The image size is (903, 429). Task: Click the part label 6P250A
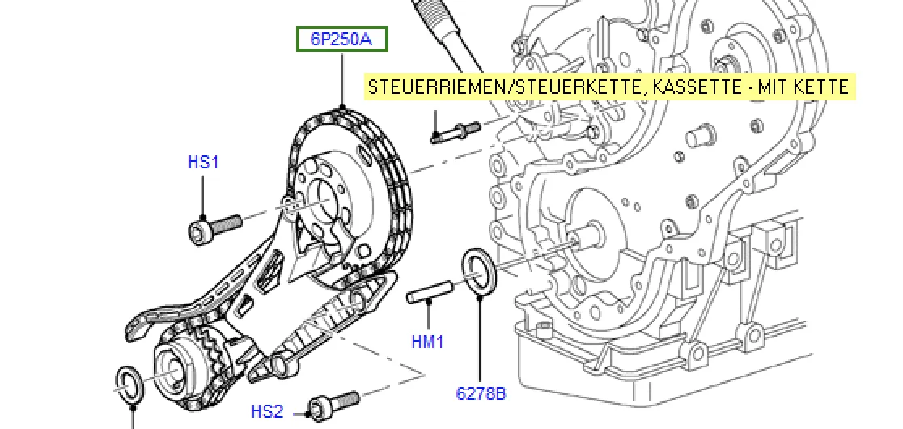pyautogui.click(x=342, y=39)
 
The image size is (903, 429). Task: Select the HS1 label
pyautogui.click(x=203, y=163)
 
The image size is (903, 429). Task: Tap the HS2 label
pyautogui.click(x=267, y=412)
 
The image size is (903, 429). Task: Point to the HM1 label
pyautogui.click(x=427, y=342)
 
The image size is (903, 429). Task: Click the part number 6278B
pyautogui.click(x=481, y=393)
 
